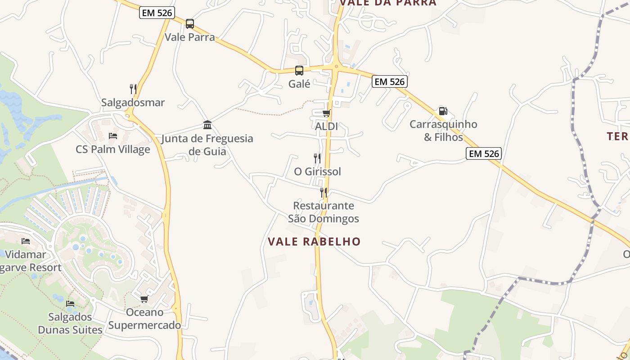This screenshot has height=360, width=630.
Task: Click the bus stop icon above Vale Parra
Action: click(x=190, y=23)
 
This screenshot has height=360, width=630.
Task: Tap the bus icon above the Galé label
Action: click(x=299, y=70)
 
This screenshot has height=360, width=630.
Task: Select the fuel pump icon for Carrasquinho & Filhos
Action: click(x=443, y=111)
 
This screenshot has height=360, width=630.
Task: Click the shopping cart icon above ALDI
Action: click(x=326, y=113)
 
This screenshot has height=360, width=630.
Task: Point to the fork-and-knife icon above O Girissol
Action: click(x=317, y=158)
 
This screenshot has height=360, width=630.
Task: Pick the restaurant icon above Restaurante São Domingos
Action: click(x=324, y=192)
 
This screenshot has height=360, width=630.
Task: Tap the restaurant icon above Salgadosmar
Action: click(x=133, y=89)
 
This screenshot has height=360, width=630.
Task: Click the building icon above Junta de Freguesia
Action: click(x=207, y=125)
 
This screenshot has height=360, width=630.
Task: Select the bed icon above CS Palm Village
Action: click(x=113, y=135)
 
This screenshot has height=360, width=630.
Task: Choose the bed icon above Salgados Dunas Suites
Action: click(x=70, y=303)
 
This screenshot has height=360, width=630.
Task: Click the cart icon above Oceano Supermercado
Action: click(x=144, y=299)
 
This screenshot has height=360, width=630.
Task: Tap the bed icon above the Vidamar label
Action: click(x=26, y=241)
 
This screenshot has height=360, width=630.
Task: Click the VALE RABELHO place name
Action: click(x=314, y=242)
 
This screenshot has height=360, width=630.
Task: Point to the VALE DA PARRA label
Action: click(x=388, y=3)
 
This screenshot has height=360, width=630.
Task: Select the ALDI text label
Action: click(x=326, y=126)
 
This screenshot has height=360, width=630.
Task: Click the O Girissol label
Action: click(x=317, y=171)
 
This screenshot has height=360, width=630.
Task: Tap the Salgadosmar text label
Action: click(x=133, y=103)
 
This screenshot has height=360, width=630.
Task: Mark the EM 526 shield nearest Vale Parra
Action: click(x=157, y=13)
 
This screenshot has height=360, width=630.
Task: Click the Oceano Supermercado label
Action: click(x=144, y=319)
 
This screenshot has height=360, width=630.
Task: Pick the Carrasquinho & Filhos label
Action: click(x=443, y=130)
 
